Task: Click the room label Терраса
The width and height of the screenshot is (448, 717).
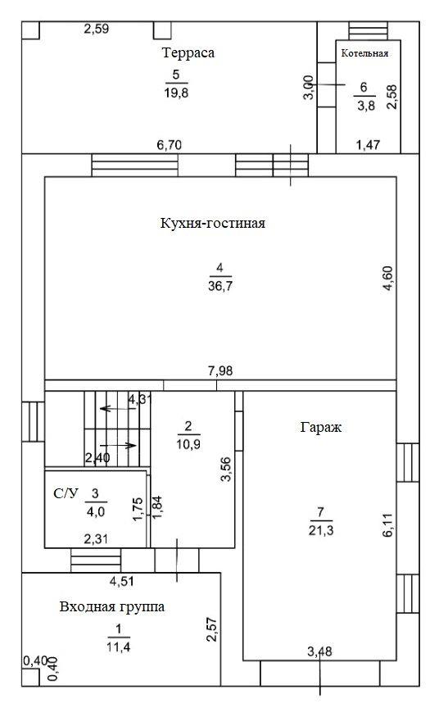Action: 188,53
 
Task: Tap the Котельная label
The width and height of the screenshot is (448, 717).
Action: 364,53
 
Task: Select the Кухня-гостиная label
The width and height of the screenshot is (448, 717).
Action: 213,223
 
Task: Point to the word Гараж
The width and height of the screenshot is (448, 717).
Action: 321,428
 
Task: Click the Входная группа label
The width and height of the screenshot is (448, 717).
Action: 112,607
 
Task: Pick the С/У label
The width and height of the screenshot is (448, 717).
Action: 66,493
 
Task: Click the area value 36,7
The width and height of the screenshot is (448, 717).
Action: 220,286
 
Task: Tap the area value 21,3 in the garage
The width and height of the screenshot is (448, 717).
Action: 321,530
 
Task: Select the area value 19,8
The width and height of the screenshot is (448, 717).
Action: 176,93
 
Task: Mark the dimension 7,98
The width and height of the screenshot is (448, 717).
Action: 220,371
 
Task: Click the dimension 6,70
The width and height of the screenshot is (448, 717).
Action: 170,145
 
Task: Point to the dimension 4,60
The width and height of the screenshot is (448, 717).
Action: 388,278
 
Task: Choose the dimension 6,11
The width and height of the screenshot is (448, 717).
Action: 388,525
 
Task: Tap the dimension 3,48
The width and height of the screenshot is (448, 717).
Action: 319,651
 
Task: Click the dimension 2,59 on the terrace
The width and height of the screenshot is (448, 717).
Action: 97,29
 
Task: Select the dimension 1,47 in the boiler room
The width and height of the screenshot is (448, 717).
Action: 368,145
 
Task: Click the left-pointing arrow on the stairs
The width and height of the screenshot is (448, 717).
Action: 118,408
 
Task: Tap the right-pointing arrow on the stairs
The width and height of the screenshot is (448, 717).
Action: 118,446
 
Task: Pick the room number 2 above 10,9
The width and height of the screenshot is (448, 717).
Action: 188,427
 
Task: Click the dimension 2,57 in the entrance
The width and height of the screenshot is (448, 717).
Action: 211,629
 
